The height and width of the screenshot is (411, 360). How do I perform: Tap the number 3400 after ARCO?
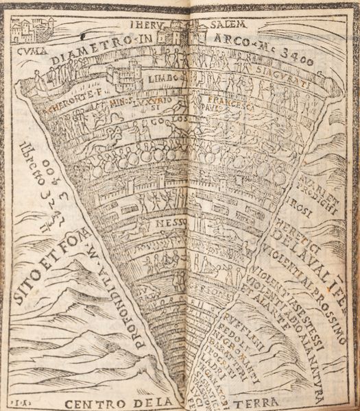296,62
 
